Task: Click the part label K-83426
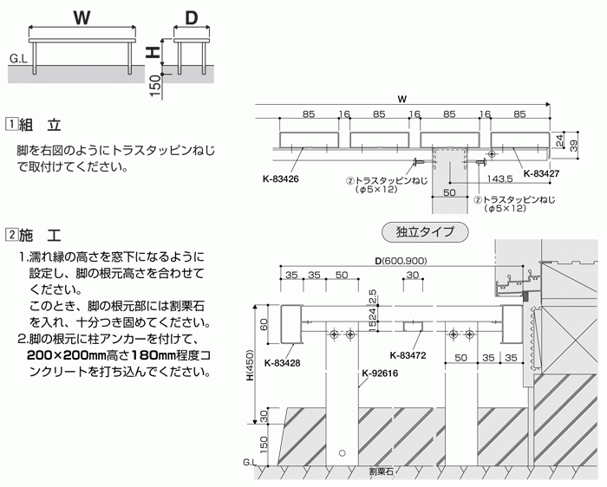coord(281,180)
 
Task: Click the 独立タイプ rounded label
coord(425,232)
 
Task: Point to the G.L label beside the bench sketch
coord(18,60)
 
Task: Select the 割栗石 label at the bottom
coord(380,473)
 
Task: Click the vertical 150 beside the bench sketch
coord(154,84)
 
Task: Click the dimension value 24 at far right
coord(559,139)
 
